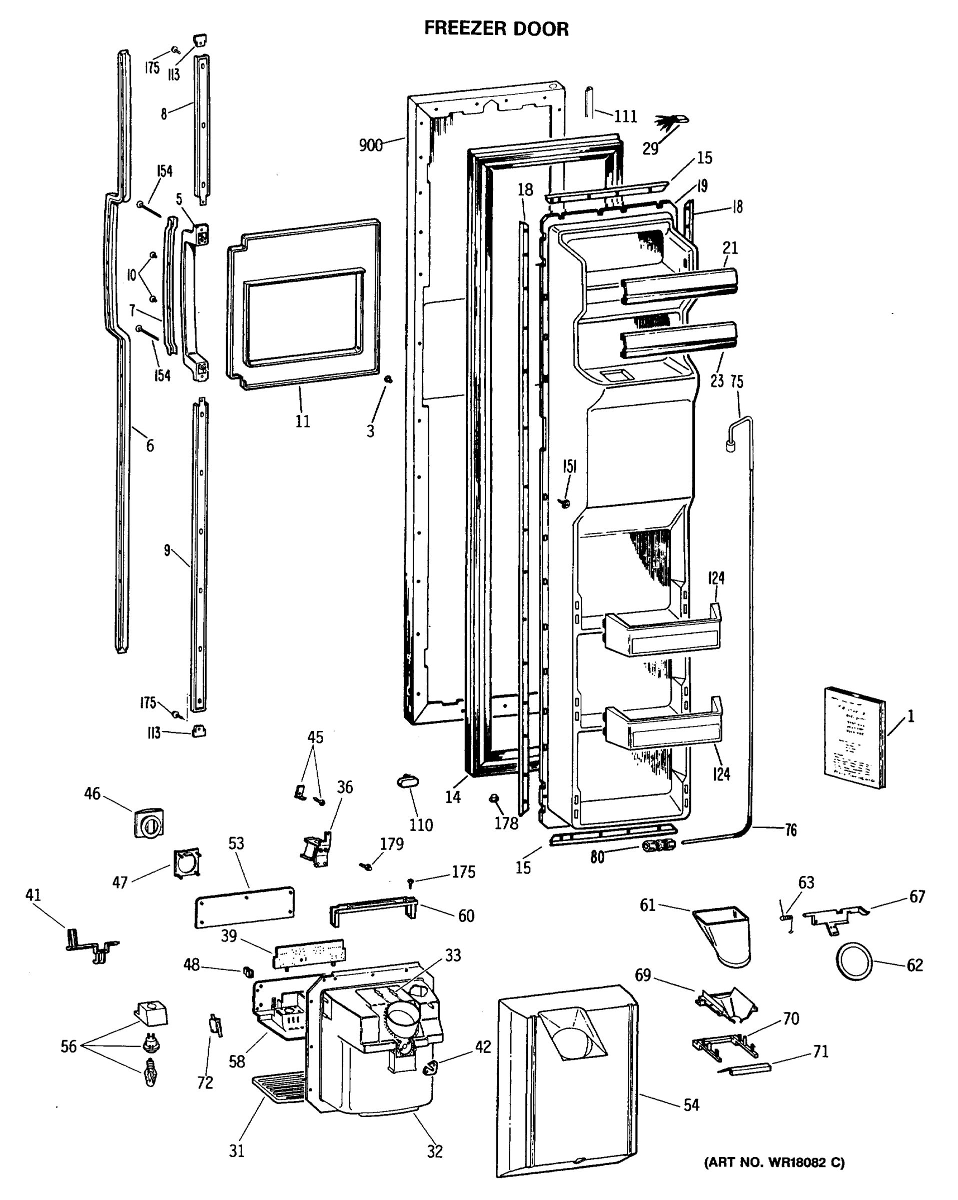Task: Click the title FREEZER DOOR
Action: tap(496, 28)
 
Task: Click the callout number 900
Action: tap(370, 146)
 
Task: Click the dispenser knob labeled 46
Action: tap(149, 822)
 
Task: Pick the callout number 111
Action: tap(625, 116)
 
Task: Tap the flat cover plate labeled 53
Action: tap(245, 906)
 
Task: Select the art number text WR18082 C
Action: tap(774, 1162)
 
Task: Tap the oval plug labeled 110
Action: tap(408, 782)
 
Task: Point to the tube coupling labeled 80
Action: tap(658, 845)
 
